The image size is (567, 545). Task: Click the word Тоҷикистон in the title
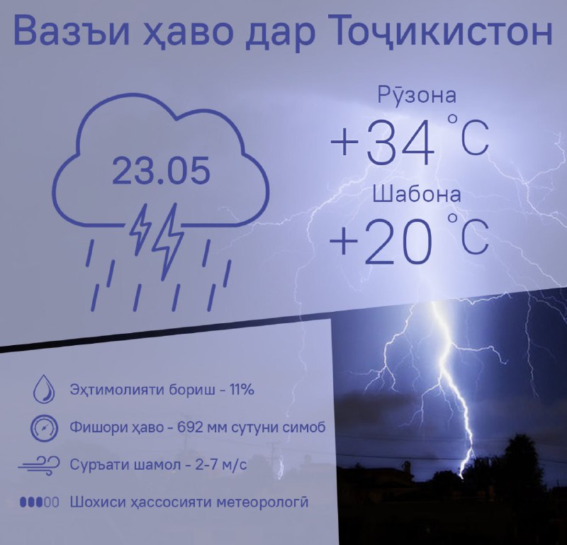point(442,31)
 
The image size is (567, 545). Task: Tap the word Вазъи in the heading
point(71,30)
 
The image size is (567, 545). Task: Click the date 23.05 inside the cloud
point(161,170)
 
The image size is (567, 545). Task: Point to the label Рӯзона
point(417,94)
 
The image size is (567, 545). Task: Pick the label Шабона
point(417,194)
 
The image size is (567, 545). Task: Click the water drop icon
point(44,389)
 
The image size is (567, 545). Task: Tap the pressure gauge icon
point(44,428)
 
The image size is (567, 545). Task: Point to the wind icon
point(40,465)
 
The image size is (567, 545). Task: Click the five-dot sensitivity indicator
point(40,502)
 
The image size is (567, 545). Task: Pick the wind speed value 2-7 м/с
point(221,464)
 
